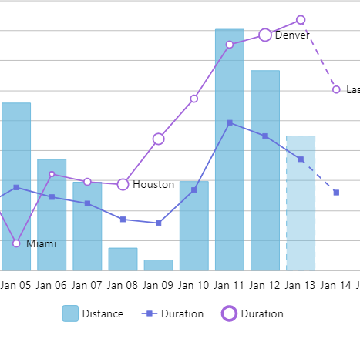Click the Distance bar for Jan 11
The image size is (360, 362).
click(x=230, y=150)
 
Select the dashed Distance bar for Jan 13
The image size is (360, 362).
click(x=301, y=203)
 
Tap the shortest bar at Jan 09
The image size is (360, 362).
click(x=158, y=265)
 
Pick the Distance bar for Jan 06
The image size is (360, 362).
click(x=52, y=215)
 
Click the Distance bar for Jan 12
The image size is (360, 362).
click(x=265, y=170)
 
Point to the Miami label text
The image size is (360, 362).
click(x=42, y=243)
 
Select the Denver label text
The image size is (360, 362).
click(x=292, y=35)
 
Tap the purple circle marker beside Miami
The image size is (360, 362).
click(x=16, y=243)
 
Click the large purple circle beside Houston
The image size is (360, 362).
click(x=123, y=185)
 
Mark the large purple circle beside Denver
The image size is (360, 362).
click(x=265, y=35)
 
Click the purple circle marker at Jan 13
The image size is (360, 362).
click(x=301, y=20)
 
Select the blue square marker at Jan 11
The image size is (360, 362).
click(x=230, y=122)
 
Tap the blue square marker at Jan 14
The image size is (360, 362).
click(x=336, y=193)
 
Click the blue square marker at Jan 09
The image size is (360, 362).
click(x=158, y=223)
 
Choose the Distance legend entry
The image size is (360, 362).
click(x=93, y=313)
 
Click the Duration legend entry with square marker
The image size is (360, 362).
click(x=173, y=313)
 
